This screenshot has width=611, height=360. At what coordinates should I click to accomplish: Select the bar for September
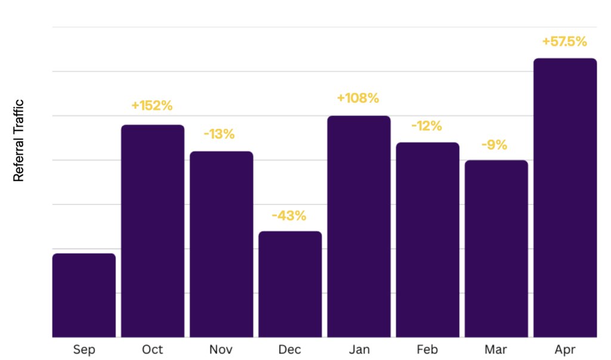[x=84, y=296]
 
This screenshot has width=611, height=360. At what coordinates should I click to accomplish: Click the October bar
[x=153, y=231]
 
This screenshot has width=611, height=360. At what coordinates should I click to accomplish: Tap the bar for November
[x=221, y=244]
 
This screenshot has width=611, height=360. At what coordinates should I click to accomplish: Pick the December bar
[x=290, y=284]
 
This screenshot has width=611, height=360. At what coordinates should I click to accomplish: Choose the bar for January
[x=359, y=226]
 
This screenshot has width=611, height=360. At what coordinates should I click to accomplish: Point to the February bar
[x=427, y=240]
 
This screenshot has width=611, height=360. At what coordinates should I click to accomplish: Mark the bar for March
[x=496, y=249]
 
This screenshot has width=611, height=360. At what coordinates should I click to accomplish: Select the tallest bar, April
[x=564, y=198]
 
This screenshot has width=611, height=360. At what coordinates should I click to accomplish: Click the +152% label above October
[x=152, y=106]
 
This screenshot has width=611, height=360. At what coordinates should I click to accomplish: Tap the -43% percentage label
[x=289, y=216]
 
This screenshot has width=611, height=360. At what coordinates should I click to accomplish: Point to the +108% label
[x=358, y=98]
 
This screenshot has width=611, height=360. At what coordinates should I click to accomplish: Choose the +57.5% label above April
[x=564, y=42]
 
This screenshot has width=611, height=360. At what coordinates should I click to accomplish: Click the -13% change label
[x=219, y=134]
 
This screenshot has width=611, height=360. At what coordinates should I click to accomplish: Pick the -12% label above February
[x=427, y=126]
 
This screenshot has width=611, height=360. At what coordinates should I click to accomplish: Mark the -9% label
[x=494, y=144]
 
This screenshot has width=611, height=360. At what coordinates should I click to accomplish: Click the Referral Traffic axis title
[x=18, y=140]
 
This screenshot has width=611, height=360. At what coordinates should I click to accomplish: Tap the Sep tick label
[x=84, y=349]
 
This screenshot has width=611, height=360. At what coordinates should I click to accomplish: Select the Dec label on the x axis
[x=290, y=349]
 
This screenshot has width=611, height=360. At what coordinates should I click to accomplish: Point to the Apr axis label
[x=564, y=350]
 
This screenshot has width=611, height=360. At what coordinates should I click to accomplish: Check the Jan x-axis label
[x=359, y=349]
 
